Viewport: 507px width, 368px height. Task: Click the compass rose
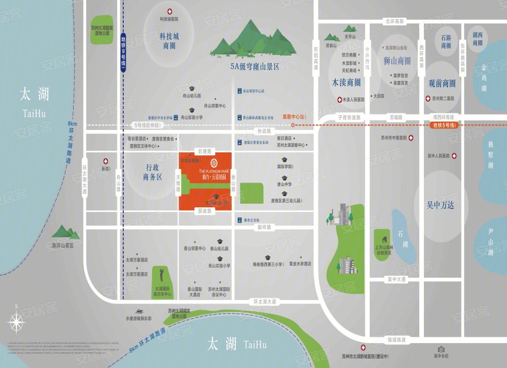click(x=16, y=321)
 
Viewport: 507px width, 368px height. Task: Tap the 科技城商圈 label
click(x=169, y=40)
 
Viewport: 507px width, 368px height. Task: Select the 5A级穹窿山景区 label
click(x=255, y=68)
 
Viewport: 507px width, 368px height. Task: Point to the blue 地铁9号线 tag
click(x=123, y=51)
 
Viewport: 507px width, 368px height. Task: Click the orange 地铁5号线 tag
click(x=445, y=125)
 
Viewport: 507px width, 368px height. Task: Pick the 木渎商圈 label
click(x=346, y=83)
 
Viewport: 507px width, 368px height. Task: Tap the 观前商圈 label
click(x=442, y=83)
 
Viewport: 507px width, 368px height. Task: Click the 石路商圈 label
click(x=446, y=41)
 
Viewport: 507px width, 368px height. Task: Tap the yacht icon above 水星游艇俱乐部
click(x=139, y=311)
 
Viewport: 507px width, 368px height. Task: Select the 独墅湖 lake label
click(x=490, y=155)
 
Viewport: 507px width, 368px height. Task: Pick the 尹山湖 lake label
click(x=490, y=242)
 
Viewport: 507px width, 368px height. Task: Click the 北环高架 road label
click(x=396, y=21)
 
